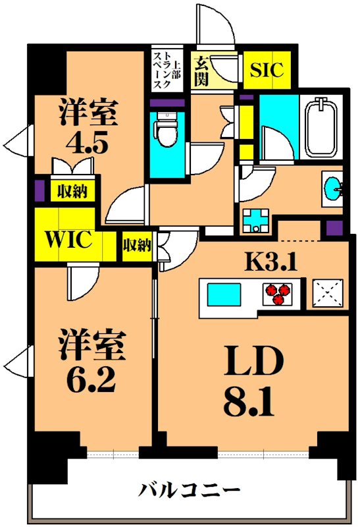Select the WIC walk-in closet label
coord(68,239)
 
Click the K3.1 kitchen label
coord(272,262)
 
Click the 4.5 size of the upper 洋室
coord(90,143)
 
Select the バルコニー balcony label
coord(189,489)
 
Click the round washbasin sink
coord(333,186)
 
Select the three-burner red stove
coord(278,293)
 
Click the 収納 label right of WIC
coord(136,246)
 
